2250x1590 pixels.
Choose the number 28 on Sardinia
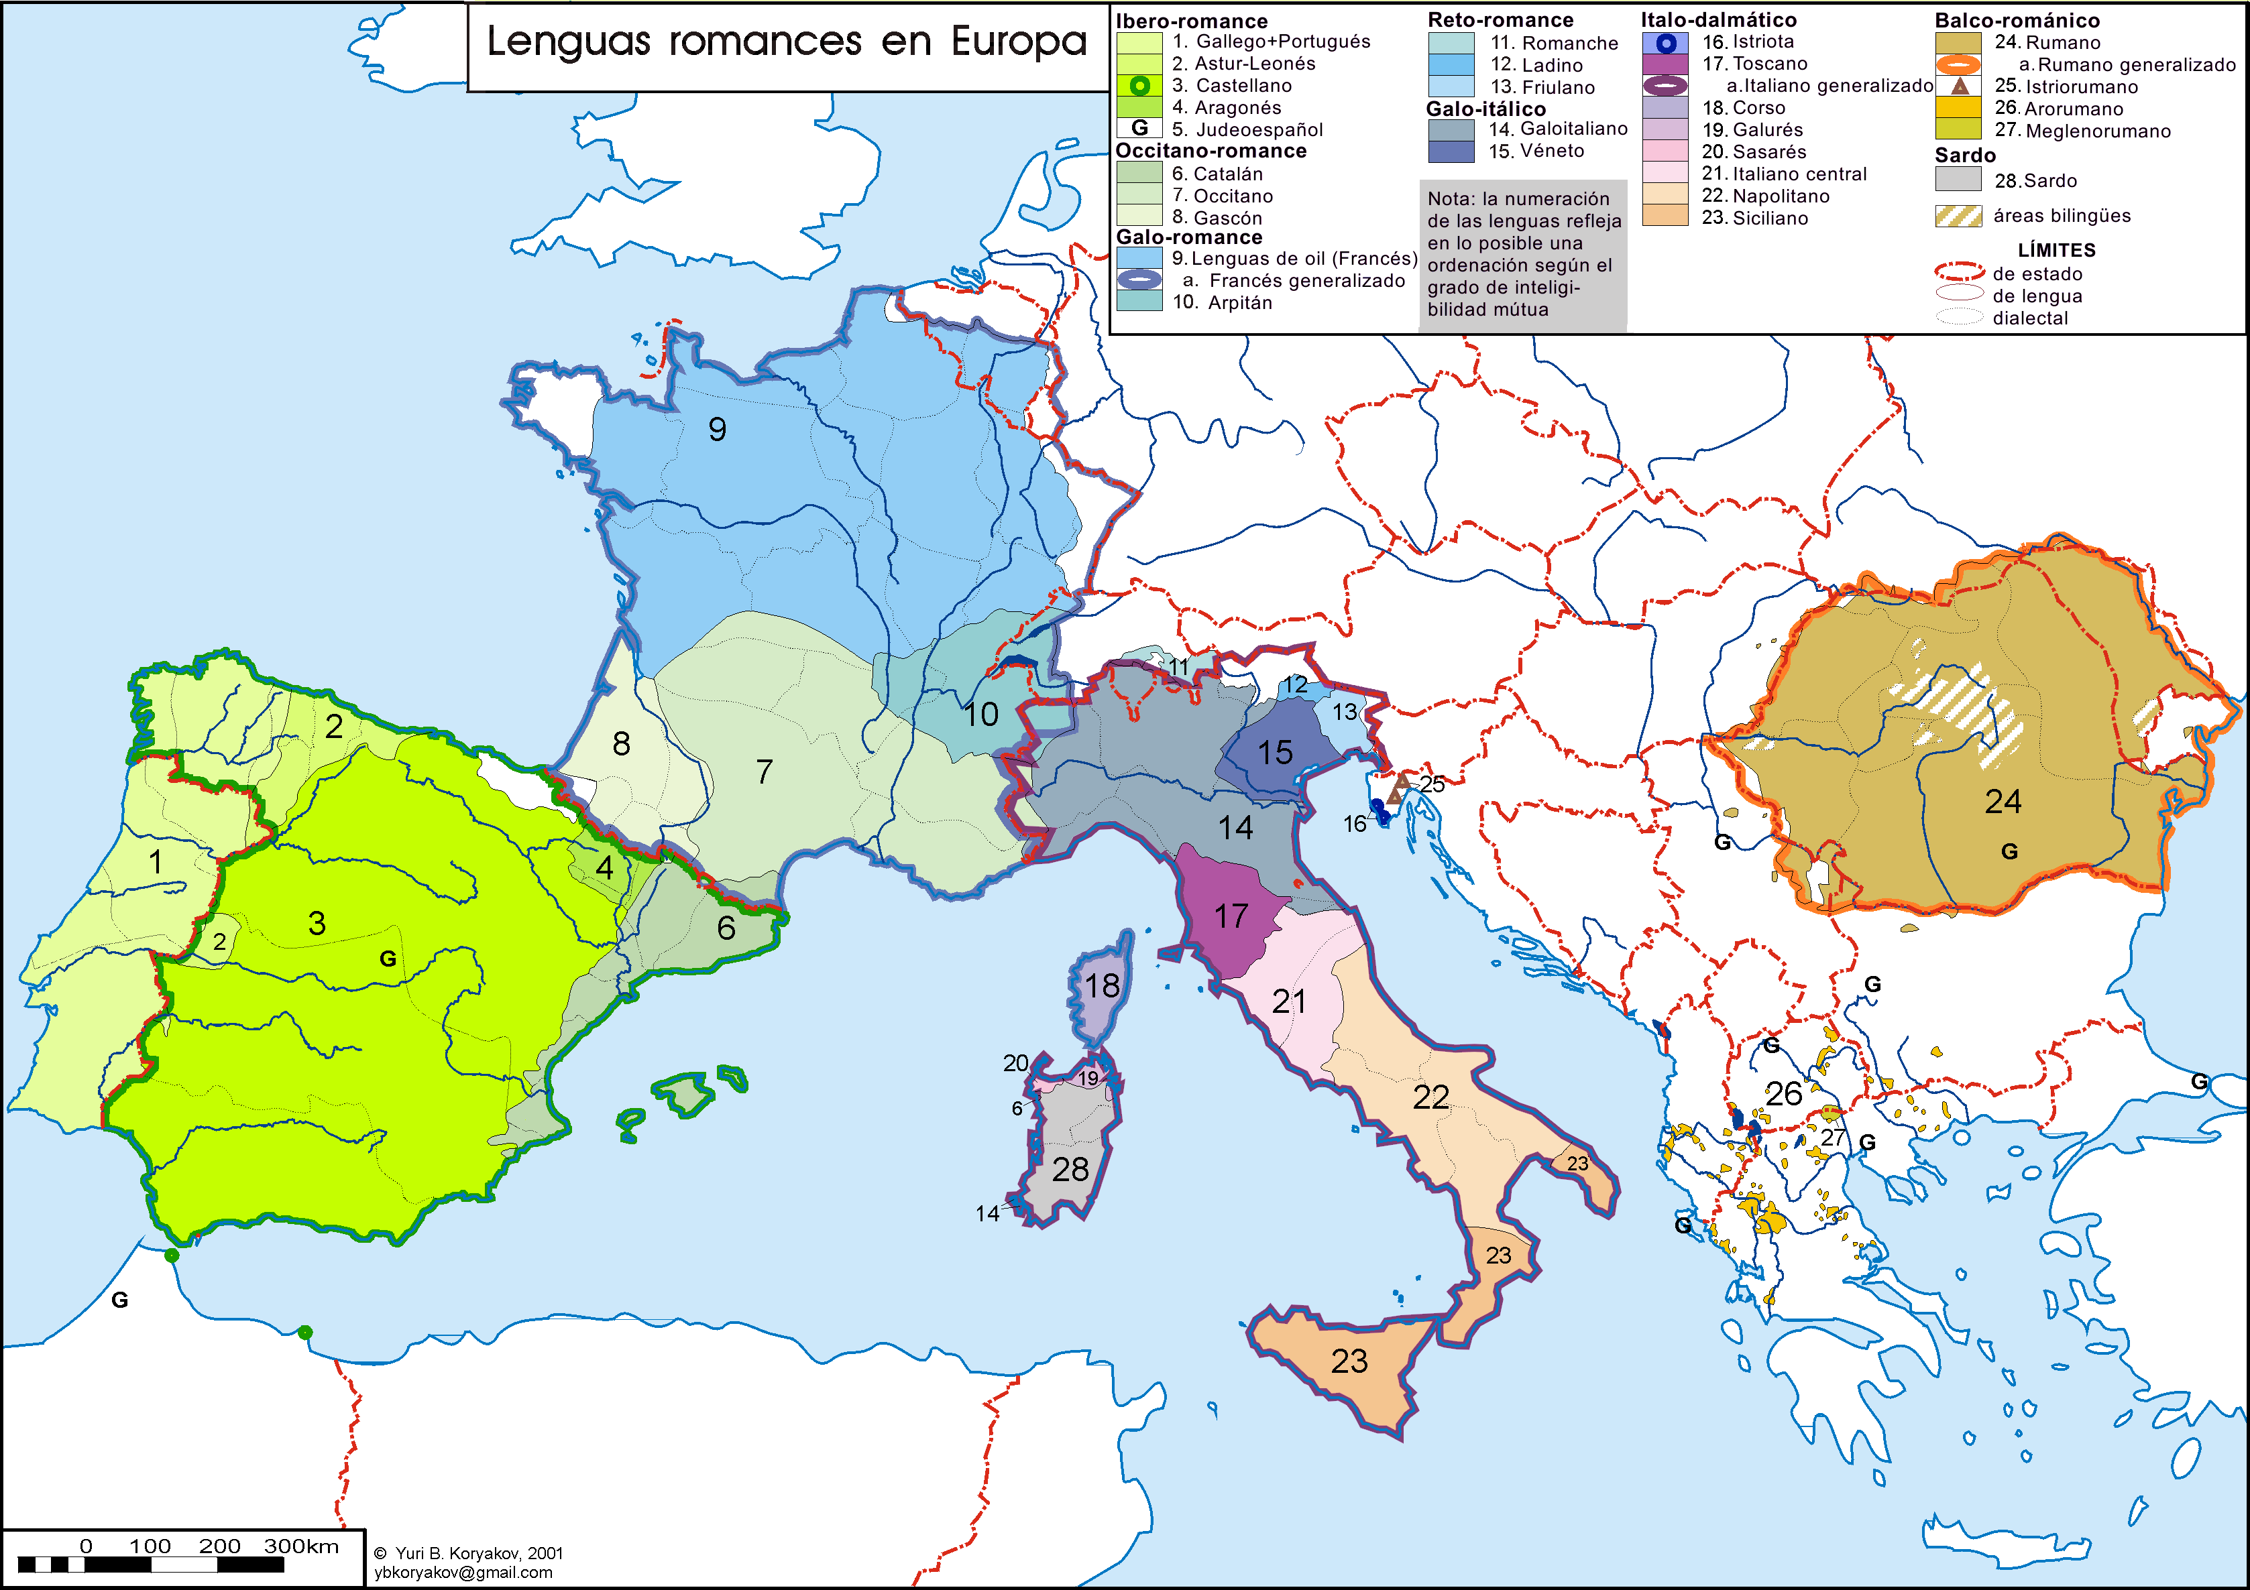(x=1070, y=1170)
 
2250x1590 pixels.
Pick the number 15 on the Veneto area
(x=1275, y=752)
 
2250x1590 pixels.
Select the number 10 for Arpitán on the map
(x=980, y=715)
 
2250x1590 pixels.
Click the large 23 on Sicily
(x=1349, y=1361)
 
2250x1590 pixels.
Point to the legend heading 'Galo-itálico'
(x=1485, y=109)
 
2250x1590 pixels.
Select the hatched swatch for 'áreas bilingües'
(x=1958, y=217)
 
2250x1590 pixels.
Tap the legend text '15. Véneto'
(x=1536, y=151)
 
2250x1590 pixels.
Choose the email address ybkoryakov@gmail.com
(x=463, y=1573)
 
